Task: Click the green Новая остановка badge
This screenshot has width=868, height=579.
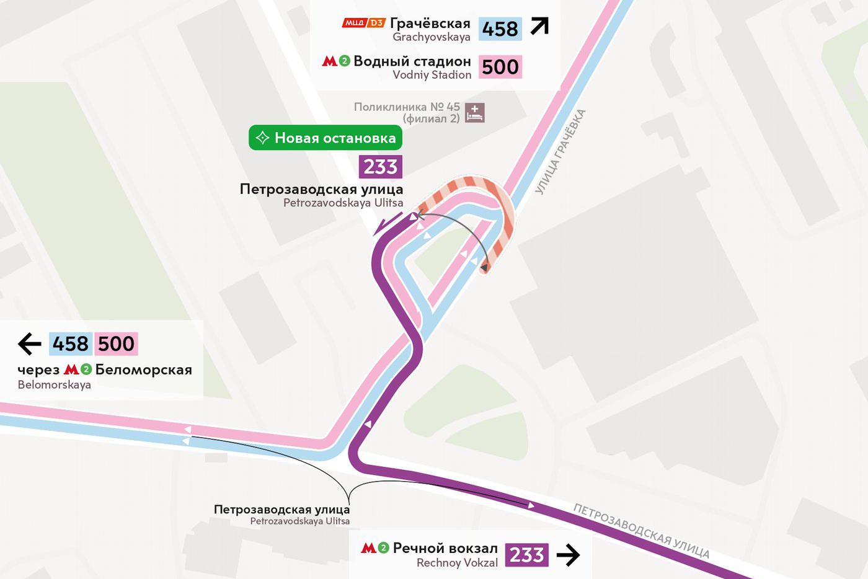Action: coord(325,138)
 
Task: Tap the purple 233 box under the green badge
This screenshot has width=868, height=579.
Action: coord(380,167)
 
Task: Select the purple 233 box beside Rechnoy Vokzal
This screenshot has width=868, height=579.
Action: coord(526,555)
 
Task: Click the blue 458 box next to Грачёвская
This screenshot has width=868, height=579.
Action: coord(500,29)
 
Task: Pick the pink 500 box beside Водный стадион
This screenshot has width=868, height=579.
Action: coord(500,67)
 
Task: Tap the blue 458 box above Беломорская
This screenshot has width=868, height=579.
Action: coord(71,343)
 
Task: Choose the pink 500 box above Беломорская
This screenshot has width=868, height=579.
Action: coord(116,343)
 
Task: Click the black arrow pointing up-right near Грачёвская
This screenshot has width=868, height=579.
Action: coord(539,27)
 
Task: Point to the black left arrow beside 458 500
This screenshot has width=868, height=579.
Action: coord(29,343)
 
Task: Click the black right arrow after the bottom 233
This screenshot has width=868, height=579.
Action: coord(568,555)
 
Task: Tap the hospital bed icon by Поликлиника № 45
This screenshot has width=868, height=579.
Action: coord(475,113)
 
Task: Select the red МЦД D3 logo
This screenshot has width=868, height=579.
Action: coord(364,24)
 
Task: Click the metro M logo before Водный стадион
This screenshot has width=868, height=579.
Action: coord(330,61)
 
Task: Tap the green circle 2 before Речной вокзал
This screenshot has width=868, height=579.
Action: coord(383,548)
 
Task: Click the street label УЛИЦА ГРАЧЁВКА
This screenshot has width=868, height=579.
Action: coord(560,152)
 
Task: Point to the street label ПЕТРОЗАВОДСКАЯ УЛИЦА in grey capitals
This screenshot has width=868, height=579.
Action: coord(640,531)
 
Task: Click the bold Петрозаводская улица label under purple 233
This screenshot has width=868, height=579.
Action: coord(321,189)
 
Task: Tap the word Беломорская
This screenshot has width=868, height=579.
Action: coord(143,369)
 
